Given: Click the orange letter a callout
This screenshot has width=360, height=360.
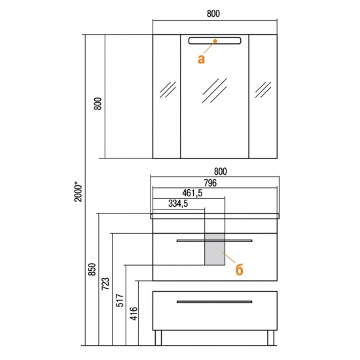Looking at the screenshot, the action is click(201, 59).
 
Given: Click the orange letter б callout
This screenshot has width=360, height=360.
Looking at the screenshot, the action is click(239, 269).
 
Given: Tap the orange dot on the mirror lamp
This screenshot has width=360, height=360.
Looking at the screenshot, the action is click(215, 41).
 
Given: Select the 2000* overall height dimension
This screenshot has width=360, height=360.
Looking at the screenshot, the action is click(78, 191).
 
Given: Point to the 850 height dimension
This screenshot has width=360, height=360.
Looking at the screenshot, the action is click(92, 269).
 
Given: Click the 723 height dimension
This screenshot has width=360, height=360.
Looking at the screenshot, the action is click(105, 284).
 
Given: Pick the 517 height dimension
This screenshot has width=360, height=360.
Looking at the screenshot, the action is click(120, 300).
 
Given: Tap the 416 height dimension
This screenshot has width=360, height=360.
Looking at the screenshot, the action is click(134, 314).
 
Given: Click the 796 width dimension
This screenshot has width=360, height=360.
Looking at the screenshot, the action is click(210, 183).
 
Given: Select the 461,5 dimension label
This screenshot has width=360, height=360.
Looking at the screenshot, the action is click(192, 193).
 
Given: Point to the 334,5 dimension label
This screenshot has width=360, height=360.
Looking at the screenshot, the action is click(178, 204).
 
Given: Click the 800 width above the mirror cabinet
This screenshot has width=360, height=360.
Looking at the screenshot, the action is click(213, 14).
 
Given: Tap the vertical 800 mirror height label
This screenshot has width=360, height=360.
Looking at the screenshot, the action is click(98, 104).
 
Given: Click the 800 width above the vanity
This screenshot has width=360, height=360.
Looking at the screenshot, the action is click(221, 171).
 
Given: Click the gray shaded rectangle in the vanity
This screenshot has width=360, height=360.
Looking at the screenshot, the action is click(215, 249).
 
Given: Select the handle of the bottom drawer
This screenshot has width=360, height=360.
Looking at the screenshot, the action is click(215, 302).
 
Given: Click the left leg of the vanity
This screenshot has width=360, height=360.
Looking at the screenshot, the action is click(158, 338).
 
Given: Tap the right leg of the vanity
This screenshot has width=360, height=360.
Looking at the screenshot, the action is click(271, 338).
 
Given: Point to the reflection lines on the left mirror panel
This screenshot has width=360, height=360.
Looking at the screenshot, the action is click(168, 90).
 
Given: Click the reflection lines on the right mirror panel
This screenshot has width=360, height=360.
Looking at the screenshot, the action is click(263, 90).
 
